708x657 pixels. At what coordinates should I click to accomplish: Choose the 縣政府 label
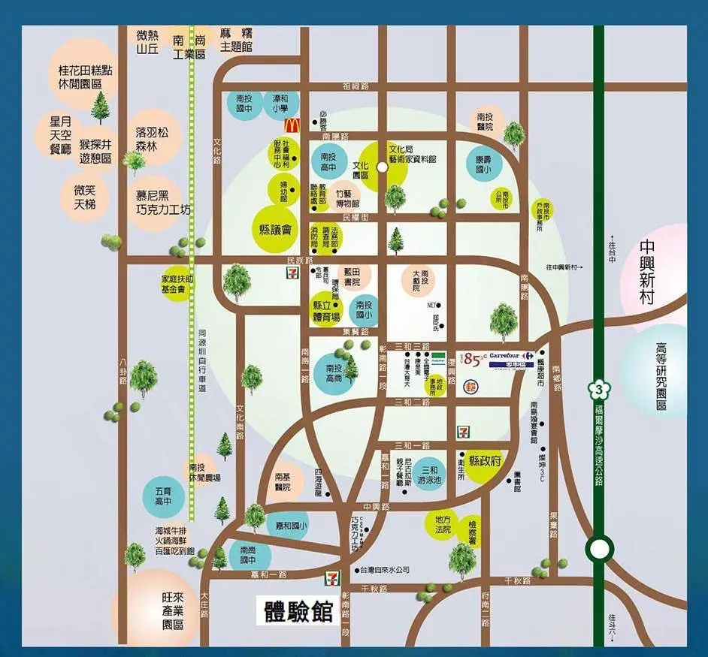click(x=485, y=460)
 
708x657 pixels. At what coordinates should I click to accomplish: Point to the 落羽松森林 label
click(x=152, y=138)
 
